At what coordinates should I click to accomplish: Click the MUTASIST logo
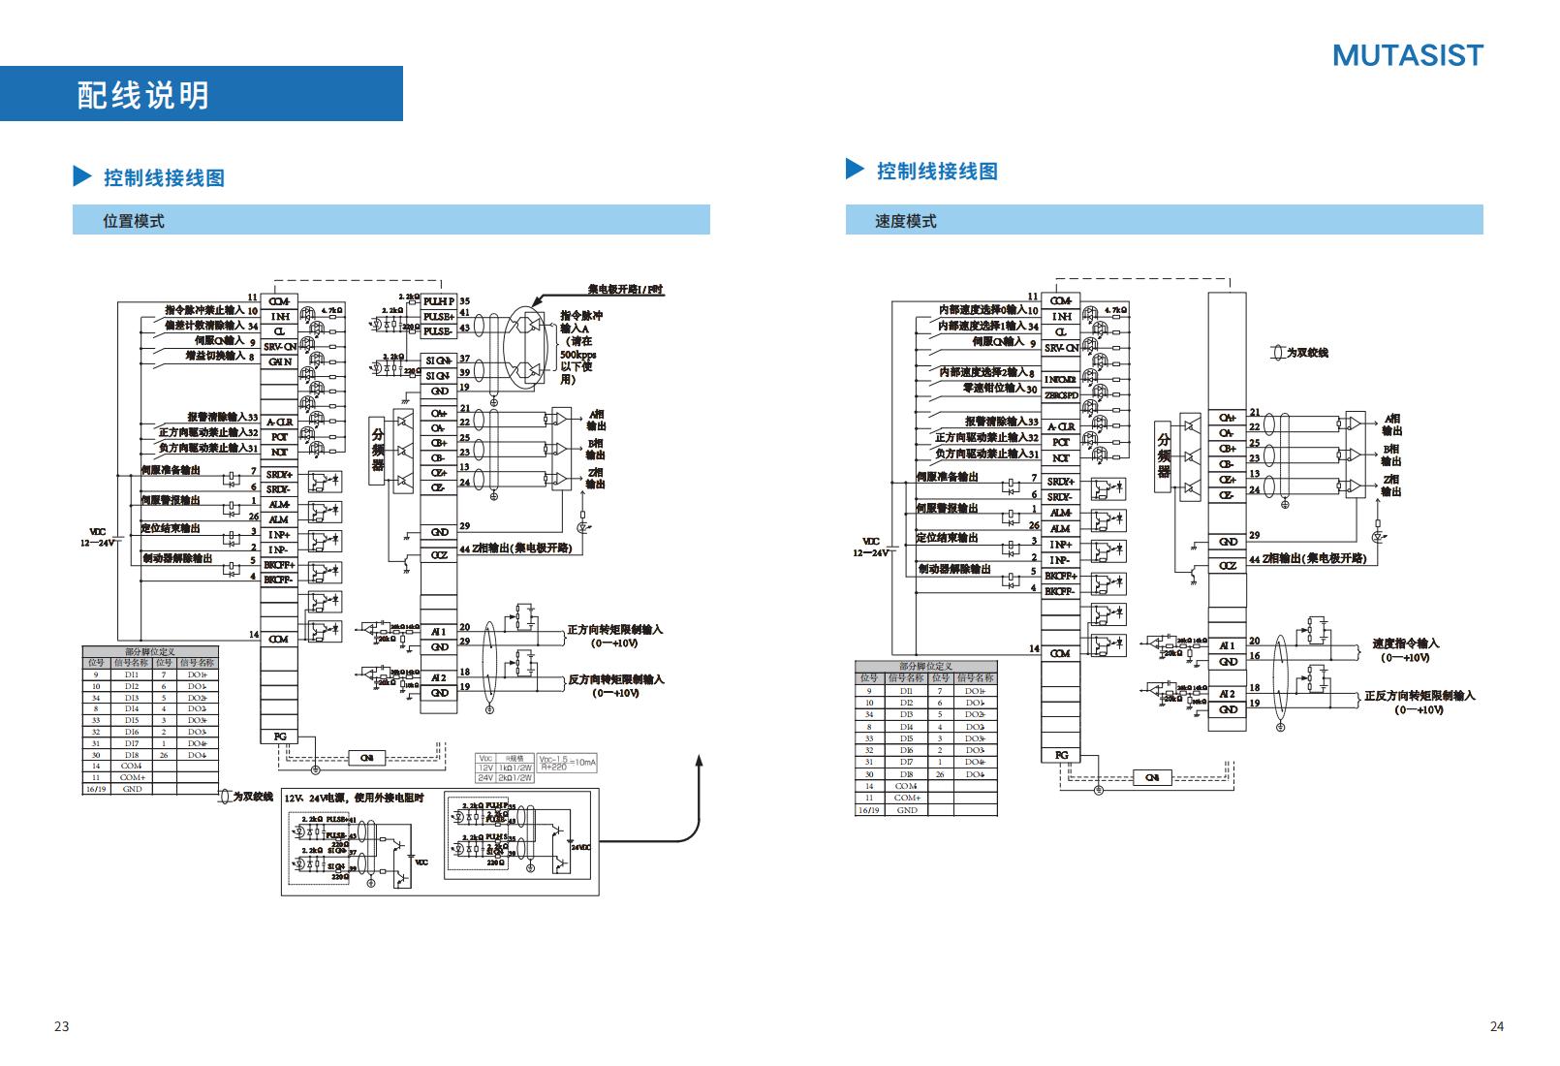pos(1407,56)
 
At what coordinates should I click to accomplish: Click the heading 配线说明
pos(142,95)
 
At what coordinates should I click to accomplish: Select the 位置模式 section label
pos(134,221)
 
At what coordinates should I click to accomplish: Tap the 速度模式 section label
pos(906,221)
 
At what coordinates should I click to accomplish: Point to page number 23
pos(62,1026)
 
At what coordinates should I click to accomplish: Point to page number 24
pos(1496,1026)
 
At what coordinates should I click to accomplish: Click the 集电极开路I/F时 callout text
pos(626,290)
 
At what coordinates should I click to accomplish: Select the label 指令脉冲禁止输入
pos(204,311)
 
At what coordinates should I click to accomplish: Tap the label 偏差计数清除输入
pos(204,327)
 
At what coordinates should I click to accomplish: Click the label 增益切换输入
pos(214,357)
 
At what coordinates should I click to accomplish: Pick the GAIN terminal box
pos(279,361)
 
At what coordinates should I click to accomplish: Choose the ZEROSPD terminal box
pos(1061,395)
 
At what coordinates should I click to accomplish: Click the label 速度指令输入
pos(1406,643)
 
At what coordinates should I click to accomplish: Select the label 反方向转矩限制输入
pos(615,679)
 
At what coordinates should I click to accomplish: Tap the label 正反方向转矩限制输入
pos(1420,696)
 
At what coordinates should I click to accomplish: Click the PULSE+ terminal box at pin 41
pos(438,316)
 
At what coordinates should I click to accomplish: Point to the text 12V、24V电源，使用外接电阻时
pos(354,798)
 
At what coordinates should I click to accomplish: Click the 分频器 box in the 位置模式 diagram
pos(378,450)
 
